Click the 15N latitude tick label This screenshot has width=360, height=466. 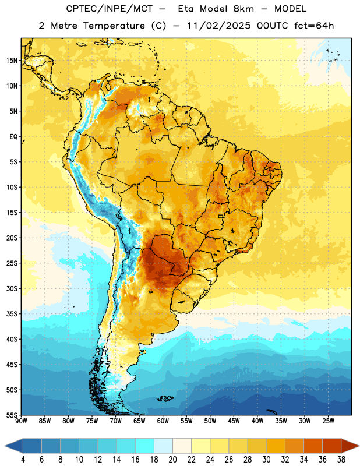12,61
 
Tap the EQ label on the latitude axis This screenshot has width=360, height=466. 13,137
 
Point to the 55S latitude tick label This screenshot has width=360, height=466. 12,415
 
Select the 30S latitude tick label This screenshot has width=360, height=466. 12,288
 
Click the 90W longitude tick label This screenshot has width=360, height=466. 21,421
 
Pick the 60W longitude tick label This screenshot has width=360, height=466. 163,421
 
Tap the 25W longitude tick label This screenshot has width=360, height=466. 328,421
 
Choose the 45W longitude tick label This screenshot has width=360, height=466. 234,421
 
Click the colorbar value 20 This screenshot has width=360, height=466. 172,460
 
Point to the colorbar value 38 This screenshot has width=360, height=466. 341,460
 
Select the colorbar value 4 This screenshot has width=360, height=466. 23,460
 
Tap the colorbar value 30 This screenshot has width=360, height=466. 266,460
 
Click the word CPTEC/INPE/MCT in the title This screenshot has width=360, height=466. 109,9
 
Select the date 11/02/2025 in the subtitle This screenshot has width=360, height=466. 219,26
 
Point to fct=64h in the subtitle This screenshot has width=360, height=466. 314,26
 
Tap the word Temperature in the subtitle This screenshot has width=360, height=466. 114,26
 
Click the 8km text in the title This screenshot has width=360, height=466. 243,9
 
